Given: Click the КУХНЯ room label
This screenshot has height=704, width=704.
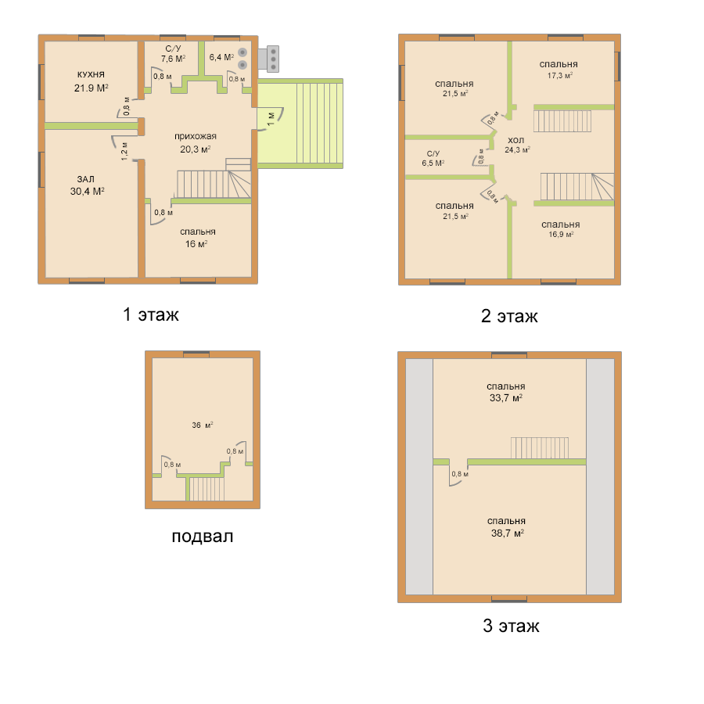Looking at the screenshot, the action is (x=91, y=75).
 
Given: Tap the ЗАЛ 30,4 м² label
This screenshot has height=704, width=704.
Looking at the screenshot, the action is (x=87, y=185).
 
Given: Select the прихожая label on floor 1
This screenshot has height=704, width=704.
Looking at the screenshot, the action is (x=196, y=136).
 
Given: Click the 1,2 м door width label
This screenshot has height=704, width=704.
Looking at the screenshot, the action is (x=124, y=151).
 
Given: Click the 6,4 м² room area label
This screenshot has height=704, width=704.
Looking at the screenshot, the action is (x=221, y=57).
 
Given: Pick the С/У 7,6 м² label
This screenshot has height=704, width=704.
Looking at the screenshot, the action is (x=174, y=54).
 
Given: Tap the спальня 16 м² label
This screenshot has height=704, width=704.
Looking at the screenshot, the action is (x=198, y=238).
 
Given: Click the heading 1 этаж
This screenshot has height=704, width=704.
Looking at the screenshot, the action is (x=151, y=314).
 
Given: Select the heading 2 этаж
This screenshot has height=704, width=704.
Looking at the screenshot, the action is (x=509, y=316).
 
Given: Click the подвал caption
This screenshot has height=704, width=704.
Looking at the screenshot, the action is (x=203, y=536).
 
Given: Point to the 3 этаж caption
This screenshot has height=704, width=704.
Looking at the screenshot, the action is (x=511, y=626).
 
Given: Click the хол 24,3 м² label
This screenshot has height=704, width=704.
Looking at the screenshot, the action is (x=517, y=145).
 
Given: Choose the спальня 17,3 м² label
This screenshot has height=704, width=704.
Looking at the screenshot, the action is (x=559, y=70).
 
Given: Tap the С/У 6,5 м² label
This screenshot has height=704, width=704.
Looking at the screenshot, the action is (x=433, y=159).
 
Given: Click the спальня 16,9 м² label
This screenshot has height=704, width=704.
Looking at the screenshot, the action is (x=560, y=229).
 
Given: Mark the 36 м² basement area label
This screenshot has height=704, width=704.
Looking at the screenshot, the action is (x=203, y=426).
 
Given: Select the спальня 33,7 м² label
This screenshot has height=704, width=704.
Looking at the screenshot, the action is (x=506, y=392).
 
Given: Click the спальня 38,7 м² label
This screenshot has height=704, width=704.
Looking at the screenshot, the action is (x=507, y=527).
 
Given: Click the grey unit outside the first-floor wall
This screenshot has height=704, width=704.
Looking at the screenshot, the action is (x=268, y=59).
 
